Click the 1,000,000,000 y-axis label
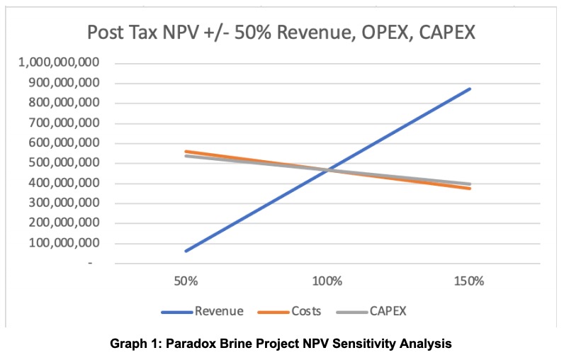(x=59, y=62)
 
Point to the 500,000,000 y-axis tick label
(x=63, y=162)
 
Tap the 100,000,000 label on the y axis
(x=63, y=243)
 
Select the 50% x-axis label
(x=186, y=281)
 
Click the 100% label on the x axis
(x=327, y=281)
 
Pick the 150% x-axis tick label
(x=468, y=281)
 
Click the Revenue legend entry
(x=219, y=311)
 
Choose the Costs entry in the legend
(x=306, y=311)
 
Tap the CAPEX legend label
(x=388, y=311)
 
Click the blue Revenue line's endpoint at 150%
(x=469, y=89)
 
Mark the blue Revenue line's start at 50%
(x=186, y=251)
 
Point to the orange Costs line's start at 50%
(x=186, y=152)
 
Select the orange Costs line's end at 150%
(x=469, y=188)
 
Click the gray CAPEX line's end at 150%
(x=469, y=184)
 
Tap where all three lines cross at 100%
(x=327, y=170)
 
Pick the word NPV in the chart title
(x=180, y=33)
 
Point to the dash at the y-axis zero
(x=90, y=264)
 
